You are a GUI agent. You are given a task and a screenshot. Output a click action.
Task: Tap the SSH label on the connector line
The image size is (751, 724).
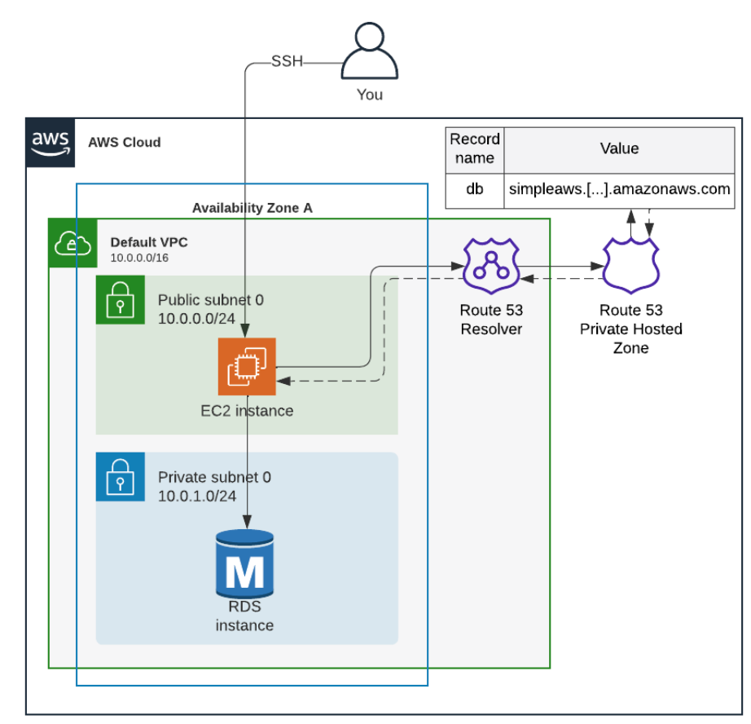[286, 62]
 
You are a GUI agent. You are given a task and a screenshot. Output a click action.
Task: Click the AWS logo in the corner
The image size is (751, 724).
[51, 141]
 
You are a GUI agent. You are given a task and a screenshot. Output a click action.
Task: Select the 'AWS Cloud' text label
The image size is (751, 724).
[125, 143]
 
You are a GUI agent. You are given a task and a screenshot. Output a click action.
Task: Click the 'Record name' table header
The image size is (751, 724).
[475, 148]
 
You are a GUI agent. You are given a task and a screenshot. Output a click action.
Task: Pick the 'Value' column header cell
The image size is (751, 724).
[619, 148]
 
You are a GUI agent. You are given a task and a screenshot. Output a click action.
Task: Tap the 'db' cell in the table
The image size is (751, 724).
[475, 189]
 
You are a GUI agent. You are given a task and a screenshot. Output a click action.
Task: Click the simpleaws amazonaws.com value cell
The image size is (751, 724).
[619, 189]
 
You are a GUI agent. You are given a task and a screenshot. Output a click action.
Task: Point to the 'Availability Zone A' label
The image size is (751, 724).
[252, 208]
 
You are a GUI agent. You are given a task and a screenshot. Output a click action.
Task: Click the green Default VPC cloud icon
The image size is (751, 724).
[72, 242]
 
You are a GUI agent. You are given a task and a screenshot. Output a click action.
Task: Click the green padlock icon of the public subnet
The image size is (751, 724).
[120, 300]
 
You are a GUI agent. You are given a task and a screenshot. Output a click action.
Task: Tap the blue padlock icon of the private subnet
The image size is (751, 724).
[120, 476]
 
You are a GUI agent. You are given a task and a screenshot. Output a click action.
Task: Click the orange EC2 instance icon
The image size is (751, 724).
[247, 366]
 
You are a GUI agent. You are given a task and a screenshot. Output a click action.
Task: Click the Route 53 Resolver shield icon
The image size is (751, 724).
[491, 267]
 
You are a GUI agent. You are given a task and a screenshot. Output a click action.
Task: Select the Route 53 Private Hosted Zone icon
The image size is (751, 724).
[630, 267]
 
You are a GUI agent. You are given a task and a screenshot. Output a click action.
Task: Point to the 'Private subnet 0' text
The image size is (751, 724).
[214, 477]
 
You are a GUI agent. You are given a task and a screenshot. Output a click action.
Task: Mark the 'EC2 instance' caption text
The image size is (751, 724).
[247, 410]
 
